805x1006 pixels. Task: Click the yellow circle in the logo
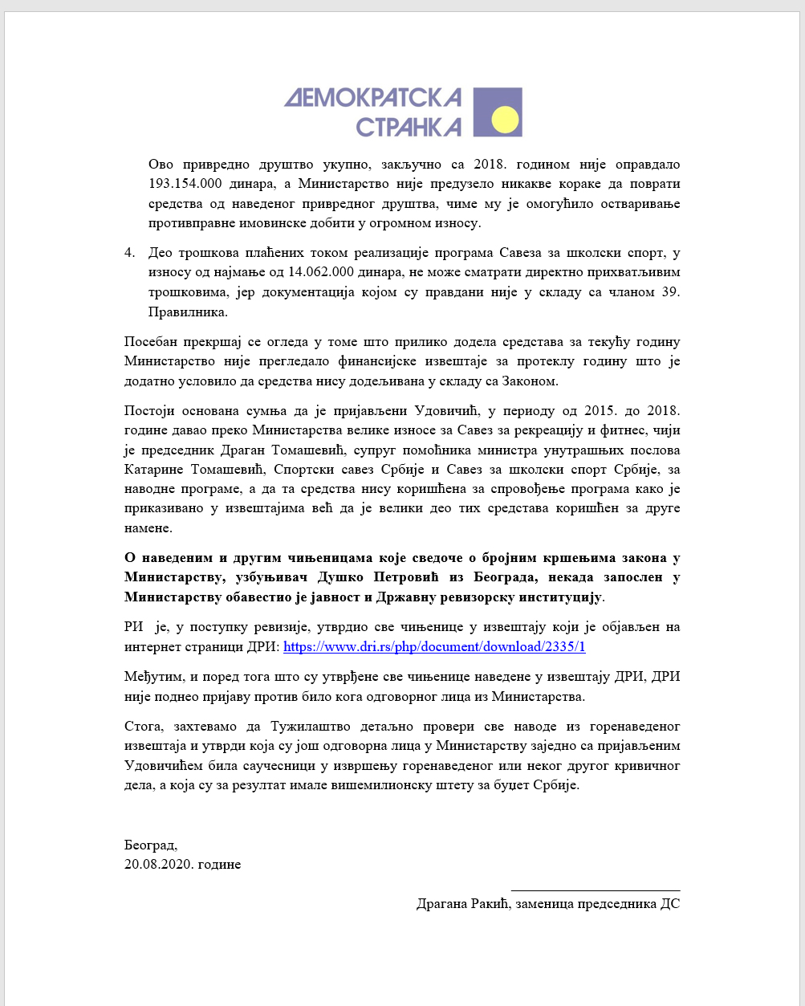pyautogui.click(x=506, y=120)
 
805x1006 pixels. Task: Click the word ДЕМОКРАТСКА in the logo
pyautogui.click(x=373, y=98)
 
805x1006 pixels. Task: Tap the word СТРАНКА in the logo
pyautogui.click(x=409, y=127)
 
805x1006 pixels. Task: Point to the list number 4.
pyautogui.click(x=130, y=253)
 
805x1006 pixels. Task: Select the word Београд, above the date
pyautogui.click(x=151, y=845)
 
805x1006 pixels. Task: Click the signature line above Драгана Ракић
pyautogui.click(x=596, y=890)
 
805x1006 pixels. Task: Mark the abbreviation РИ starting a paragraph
pyautogui.click(x=133, y=627)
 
